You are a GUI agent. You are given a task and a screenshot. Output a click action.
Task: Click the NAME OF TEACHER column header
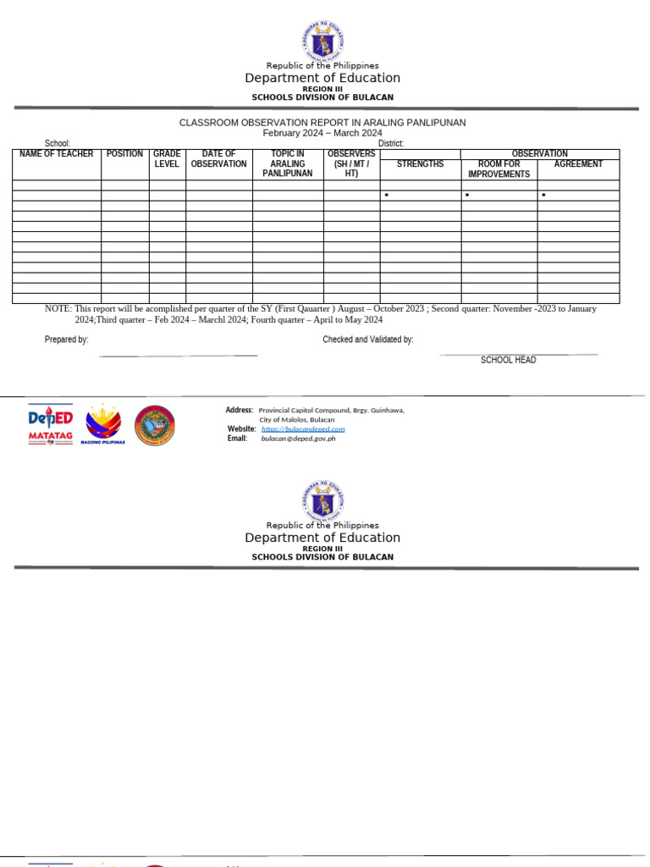click(57, 154)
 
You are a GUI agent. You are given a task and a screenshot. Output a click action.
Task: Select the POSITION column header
click(124, 154)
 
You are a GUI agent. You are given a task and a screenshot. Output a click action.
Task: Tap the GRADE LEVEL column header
click(167, 159)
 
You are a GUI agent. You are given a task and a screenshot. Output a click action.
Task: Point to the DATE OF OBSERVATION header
click(218, 159)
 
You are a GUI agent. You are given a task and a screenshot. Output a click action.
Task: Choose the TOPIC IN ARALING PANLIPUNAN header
click(288, 163)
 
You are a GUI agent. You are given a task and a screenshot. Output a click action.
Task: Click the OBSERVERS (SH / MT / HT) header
click(351, 163)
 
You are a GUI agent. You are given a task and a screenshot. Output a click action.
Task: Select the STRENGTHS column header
click(420, 164)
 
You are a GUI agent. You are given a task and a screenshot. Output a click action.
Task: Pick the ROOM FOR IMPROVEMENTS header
click(499, 169)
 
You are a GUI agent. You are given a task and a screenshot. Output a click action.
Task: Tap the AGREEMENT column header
click(578, 164)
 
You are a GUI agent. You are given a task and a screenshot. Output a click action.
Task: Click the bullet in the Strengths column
click(386, 196)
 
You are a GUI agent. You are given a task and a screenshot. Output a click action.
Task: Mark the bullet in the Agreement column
click(543, 196)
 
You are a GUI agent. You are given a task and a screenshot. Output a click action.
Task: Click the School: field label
click(57, 144)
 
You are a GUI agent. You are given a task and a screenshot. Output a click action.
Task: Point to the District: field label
click(391, 144)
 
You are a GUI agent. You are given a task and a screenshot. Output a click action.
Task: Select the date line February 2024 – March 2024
click(322, 133)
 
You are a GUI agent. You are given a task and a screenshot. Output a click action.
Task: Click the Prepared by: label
click(66, 340)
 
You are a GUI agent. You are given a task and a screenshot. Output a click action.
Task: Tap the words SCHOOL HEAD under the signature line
click(508, 361)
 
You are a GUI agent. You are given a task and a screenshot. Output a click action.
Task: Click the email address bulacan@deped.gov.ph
click(298, 439)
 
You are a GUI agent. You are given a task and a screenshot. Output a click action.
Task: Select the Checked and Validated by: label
click(367, 340)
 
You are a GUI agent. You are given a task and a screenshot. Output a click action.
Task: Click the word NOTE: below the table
click(58, 309)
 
